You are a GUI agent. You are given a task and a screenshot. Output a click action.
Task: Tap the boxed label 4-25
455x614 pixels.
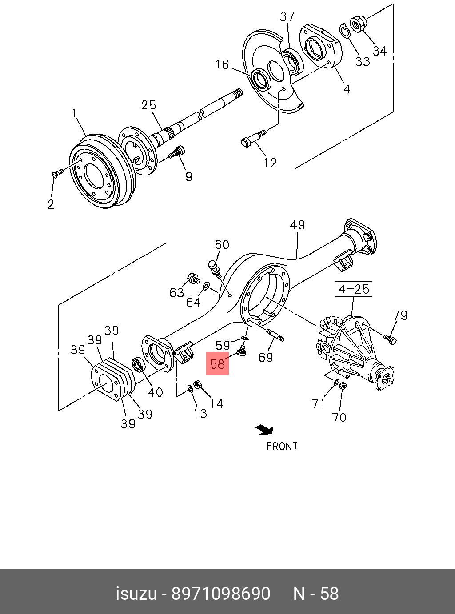point(353,289)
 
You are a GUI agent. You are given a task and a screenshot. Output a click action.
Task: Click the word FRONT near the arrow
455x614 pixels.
point(282,446)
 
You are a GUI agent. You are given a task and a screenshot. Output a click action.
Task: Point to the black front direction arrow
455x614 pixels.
point(265,429)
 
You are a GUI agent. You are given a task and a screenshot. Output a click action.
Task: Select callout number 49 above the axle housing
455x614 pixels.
point(297,225)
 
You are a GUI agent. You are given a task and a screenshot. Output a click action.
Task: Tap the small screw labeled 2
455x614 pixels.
point(56,174)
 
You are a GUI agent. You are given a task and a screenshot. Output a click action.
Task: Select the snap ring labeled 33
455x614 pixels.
point(343,31)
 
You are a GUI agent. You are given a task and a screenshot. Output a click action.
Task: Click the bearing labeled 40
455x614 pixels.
point(138,366)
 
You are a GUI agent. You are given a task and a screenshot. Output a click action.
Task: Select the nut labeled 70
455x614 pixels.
point(343,386)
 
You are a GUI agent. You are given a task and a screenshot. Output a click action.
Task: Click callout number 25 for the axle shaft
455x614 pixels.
point(148,105)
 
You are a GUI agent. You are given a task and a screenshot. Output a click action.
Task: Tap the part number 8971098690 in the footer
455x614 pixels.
point(221,594)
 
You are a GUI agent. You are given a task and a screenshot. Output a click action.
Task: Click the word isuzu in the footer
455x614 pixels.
point(136,594)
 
